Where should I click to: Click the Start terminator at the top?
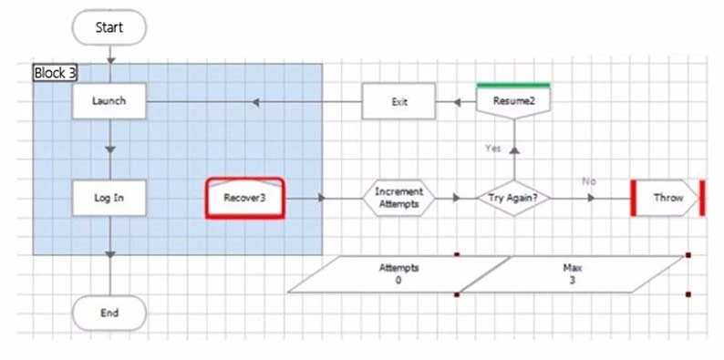point(109,27)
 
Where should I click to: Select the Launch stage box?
point(109,101)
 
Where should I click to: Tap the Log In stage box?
point(109,198)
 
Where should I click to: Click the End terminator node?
point(109,313)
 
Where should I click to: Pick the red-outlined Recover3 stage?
point(244,198)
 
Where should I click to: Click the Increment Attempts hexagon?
point(398,198)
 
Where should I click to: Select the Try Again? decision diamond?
point(513,198)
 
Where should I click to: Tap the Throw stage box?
point(667,198)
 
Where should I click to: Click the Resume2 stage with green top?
point(513,100)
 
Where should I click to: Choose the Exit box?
point(398,101)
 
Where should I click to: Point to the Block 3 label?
point(54,73)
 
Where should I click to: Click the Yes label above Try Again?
point(493,148)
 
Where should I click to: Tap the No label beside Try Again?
point(589,181)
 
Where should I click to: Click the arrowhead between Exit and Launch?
point(257,101)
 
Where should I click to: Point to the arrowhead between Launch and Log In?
point(109,149)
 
